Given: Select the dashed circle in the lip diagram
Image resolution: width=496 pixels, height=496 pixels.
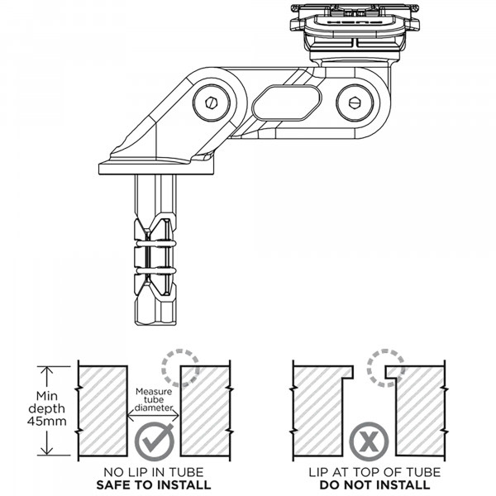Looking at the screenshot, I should tap(387, 368).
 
